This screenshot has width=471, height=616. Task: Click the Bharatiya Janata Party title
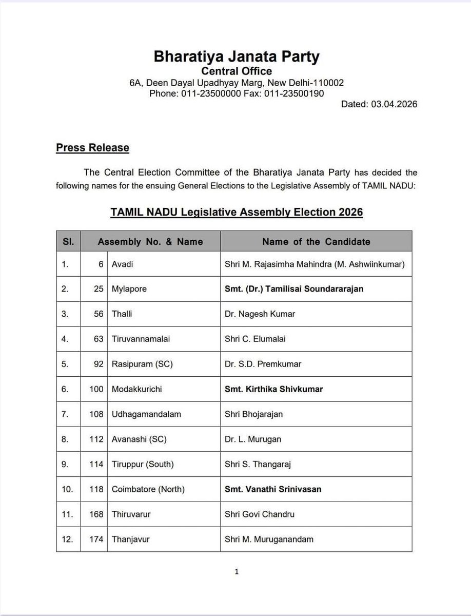(x=236, y=56)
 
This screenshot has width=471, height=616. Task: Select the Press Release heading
(x=92, y=148)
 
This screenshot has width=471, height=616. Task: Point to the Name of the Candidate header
(x=316, y=241)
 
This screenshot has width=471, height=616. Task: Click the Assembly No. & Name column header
(x=150, y=241)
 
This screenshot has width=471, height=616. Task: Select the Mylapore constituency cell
(x=129, y=289)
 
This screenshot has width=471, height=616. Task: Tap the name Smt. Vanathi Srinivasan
(x=273, y=489)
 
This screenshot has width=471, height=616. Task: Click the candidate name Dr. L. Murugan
(x=253, y=439)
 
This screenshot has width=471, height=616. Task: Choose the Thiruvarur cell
(x=131, y=514)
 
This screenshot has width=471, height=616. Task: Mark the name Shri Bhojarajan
(x=250, y=414)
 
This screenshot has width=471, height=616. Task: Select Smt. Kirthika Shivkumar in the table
(x=274, y=389)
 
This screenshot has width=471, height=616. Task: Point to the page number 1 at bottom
(x=235, y=571)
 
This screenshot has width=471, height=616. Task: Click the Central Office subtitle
(x=236, y=71)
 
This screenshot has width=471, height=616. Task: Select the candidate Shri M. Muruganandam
(x=269, y=539)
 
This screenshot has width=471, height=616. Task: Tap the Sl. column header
(x=69, y=241)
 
